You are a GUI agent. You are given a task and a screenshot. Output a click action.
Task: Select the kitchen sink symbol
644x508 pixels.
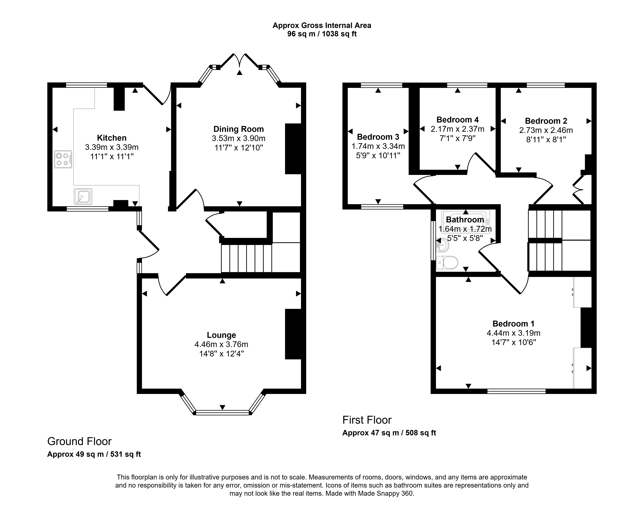pos(83,197)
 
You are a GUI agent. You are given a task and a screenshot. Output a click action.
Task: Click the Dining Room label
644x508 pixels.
pos(239,129)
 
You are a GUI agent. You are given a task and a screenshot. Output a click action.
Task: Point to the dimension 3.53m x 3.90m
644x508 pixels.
pos(239,138)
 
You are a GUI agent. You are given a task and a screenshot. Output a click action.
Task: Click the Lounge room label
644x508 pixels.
pos(221,335)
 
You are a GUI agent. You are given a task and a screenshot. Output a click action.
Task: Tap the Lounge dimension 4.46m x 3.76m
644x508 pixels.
pos(221,344)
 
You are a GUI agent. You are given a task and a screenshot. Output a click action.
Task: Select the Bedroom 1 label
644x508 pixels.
pos(513,324)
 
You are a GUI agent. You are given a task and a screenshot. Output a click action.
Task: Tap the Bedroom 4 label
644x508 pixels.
pos(458,120)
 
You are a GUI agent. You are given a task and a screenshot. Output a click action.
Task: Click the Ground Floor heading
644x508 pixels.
pos(79,441)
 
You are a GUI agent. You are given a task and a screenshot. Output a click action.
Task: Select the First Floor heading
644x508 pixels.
pos(367,420)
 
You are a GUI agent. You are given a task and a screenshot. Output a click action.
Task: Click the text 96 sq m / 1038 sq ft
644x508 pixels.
pos(322,34)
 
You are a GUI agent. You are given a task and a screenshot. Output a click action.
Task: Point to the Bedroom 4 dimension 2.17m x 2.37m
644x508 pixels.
pos(458,129)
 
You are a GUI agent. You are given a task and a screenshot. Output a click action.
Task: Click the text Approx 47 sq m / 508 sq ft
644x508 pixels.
pos(389,433)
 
